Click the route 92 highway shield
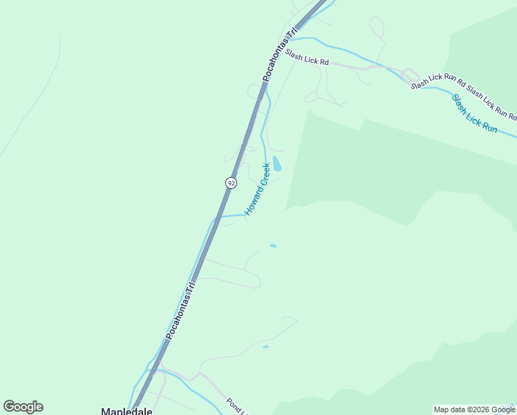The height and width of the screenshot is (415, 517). pos(231,183)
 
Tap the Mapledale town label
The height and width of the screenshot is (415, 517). pos(126,410)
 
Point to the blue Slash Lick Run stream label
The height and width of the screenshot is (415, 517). pos(474,113)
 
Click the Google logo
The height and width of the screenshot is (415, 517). pos(23,407)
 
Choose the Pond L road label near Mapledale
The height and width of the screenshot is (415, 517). pos(236,405)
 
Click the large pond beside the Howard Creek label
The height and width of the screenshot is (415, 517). pos(276,164)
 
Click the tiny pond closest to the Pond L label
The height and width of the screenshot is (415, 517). pos(265,347)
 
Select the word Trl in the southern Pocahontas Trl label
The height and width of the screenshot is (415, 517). pos(191,288)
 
